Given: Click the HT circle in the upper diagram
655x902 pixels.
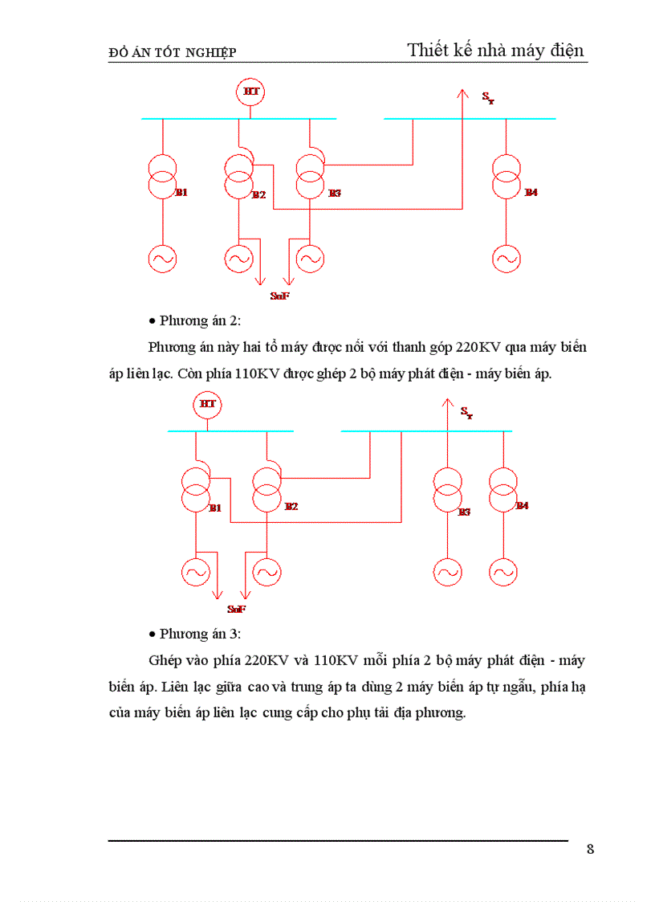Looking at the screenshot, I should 251,92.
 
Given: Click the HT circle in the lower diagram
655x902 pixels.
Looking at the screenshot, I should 207,404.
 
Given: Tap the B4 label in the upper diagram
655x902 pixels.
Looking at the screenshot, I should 531,193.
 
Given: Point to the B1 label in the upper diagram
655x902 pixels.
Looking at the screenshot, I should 181,193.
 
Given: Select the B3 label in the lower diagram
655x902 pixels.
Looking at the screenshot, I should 463,512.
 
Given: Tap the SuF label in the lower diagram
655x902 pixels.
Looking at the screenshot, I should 236,610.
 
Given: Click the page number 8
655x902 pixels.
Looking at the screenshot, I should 590,850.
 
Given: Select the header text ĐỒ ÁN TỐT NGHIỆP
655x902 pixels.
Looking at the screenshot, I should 172,53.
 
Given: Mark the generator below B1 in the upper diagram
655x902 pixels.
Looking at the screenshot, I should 162,258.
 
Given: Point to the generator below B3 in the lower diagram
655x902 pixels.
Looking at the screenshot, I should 447,573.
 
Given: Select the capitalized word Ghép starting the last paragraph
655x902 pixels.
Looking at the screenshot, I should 166,661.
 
